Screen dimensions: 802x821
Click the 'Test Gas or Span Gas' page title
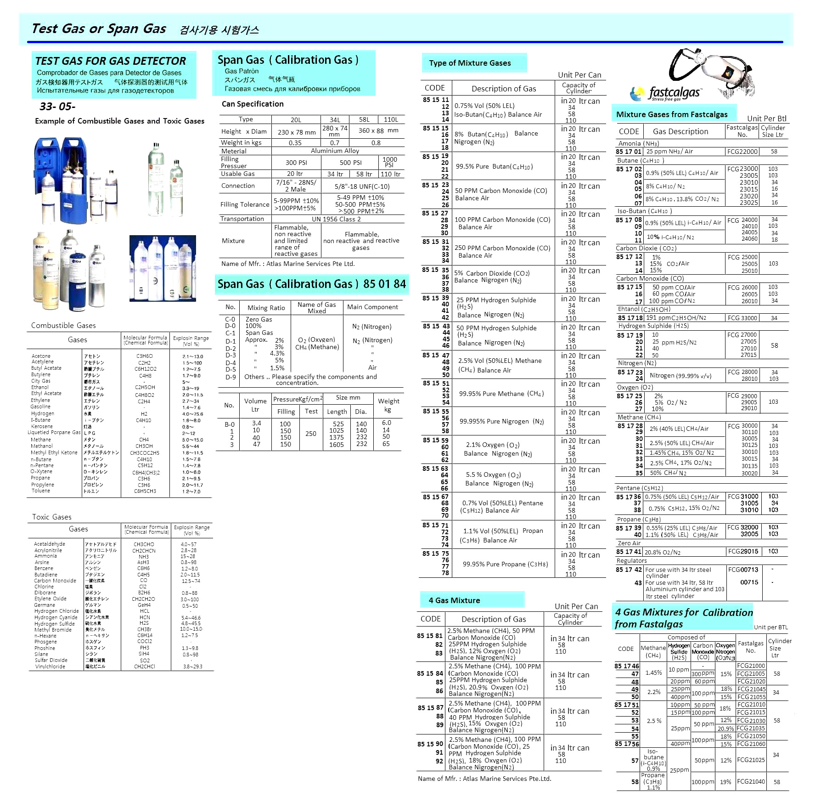point(99,28)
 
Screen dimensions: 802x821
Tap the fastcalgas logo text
point(674,93)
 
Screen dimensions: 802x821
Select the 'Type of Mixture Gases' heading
point(470,63)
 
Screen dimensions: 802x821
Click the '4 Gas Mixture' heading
point(454,600)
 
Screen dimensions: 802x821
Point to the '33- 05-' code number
point(57,107)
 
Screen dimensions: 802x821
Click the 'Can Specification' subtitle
point(253,104)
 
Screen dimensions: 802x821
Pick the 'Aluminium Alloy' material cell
point(335,151)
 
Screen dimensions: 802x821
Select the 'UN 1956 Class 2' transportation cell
point(336,219)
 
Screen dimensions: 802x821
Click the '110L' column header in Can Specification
point(391,119)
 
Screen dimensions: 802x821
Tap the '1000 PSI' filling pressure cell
point(389,162)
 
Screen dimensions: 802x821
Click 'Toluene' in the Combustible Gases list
point(41,491)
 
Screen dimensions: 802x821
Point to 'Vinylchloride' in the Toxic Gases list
point(50,666)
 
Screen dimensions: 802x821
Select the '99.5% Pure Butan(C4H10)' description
point(494,166)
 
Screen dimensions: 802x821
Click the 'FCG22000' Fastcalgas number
point(742,152)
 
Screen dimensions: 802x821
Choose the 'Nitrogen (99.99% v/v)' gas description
point(680,375)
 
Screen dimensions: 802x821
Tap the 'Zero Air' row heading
point(629,543)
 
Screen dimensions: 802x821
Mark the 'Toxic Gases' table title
point(51,517)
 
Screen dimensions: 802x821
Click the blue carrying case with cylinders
point(62,180)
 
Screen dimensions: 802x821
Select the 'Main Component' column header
point(372,307)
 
